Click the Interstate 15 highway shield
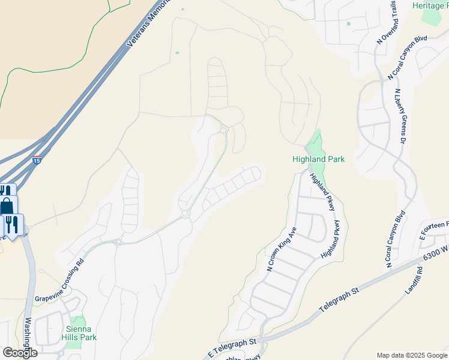(37, 161)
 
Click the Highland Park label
(318, 159)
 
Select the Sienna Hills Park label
(80, 334)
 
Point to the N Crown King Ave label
(282, 249)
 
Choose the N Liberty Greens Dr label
(399, 117)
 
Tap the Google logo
(20, 353)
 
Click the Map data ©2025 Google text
(412, 355)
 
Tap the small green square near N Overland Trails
(348, 24)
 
